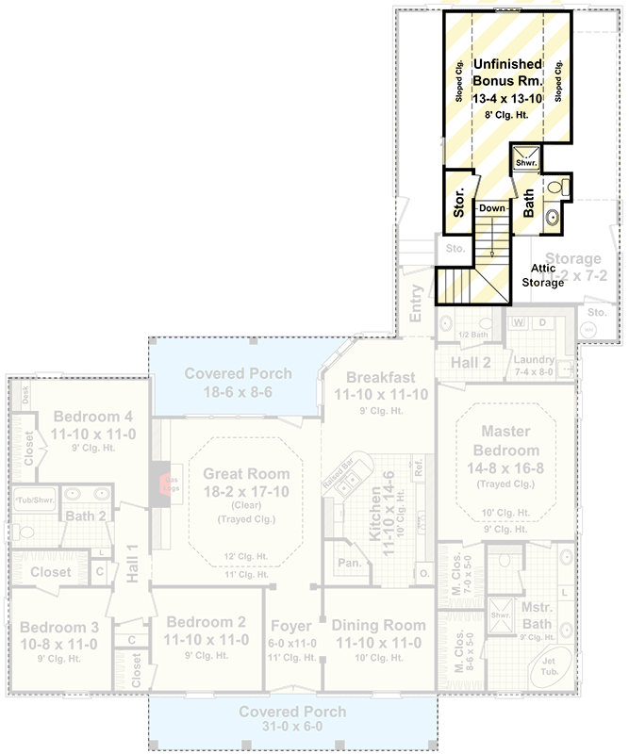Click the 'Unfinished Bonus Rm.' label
[x=507, y=73]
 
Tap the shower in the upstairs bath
[x=526, y=158]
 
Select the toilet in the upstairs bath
[x=564, y=188]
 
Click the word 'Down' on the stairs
[x=491, y=208]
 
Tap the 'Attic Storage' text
[x=543, y=275]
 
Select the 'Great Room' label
[x=240, y=474]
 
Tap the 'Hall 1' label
[x=132, y=562]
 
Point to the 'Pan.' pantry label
[x=349, y=564]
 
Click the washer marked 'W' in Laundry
[x=519, y=323]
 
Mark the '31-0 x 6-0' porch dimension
[x=291, y=727]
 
